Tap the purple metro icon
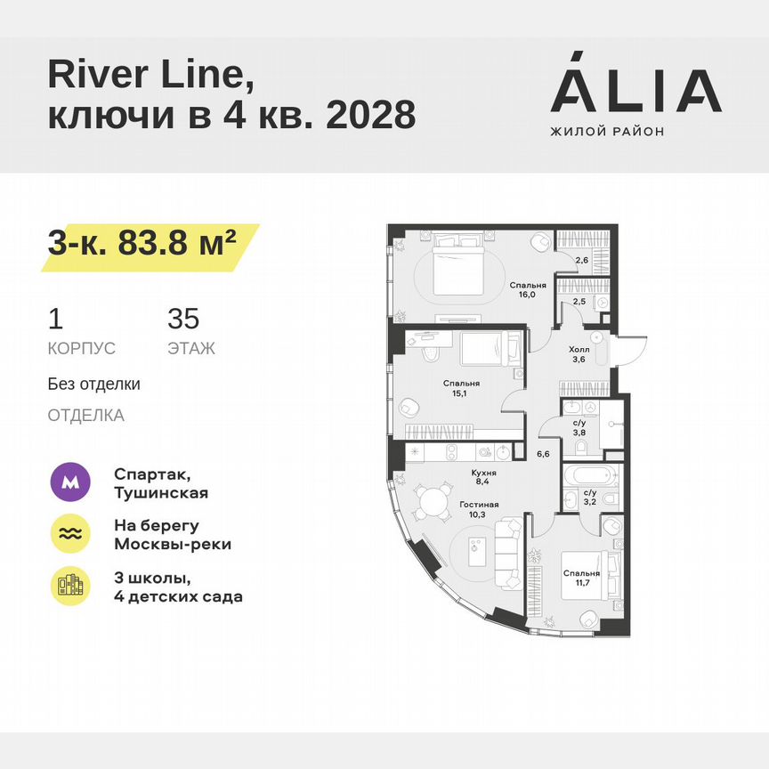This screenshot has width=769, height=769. (71, 483)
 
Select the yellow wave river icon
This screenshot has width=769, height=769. (71, 534)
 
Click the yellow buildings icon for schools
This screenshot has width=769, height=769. (71, 585)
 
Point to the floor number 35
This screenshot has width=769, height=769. (183, 319)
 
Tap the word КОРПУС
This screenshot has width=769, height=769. (82, 348)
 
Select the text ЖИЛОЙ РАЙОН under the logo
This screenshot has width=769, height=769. (607, 132)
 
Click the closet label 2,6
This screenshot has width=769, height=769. (580, 261)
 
